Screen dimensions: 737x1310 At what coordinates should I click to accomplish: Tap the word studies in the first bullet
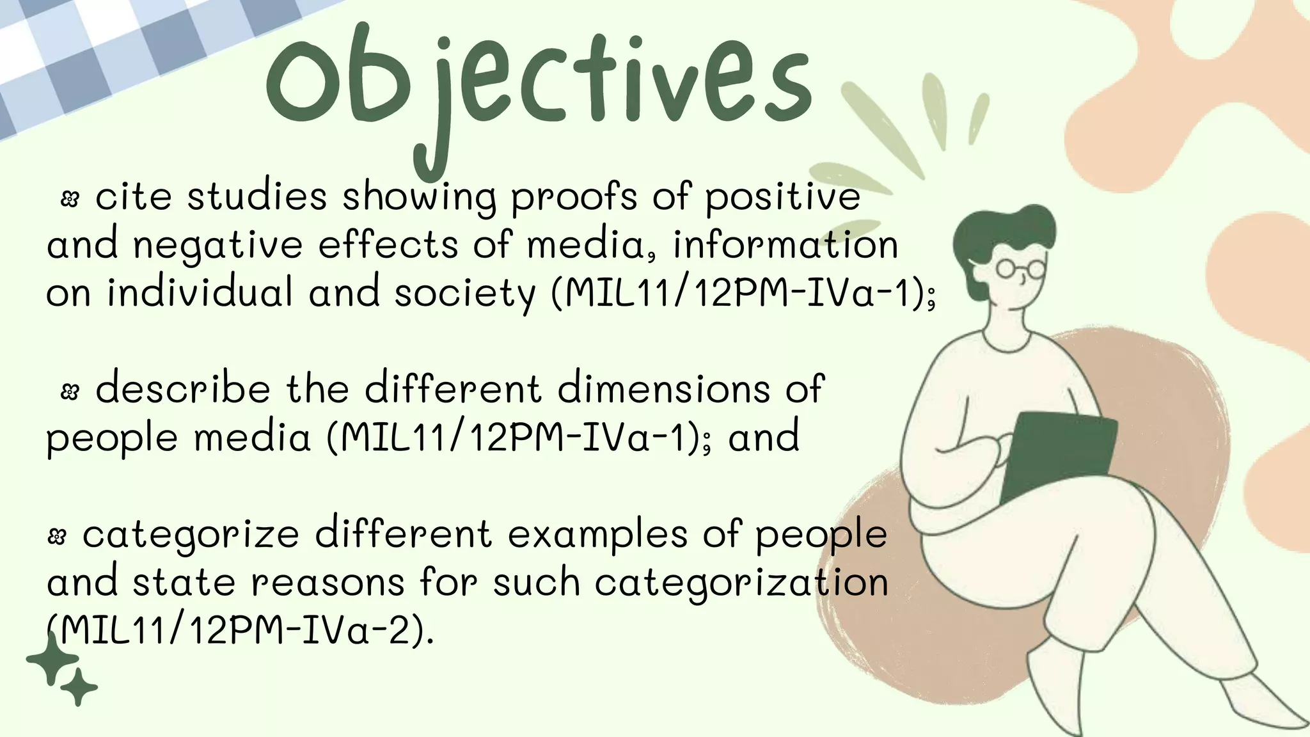coord(257,196)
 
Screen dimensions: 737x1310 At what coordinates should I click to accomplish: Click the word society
coord(464,293)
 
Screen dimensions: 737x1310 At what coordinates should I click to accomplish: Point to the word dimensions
coord(663,389)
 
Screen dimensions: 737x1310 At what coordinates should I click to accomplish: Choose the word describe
coord(183,389)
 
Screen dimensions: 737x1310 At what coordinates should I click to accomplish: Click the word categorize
coord(191,535)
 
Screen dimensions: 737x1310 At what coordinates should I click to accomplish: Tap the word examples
coord(597,535)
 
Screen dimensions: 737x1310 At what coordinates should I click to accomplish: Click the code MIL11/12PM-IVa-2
coord(241,631)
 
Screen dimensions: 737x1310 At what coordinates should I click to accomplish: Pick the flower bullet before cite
coord(69,200)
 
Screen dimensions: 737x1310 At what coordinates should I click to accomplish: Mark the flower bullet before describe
coord(69,392)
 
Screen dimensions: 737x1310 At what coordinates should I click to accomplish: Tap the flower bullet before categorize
coord(57,537)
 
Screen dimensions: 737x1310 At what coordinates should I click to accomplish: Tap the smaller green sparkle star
coord(79,688)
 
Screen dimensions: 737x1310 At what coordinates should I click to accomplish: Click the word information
coord(785,245)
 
